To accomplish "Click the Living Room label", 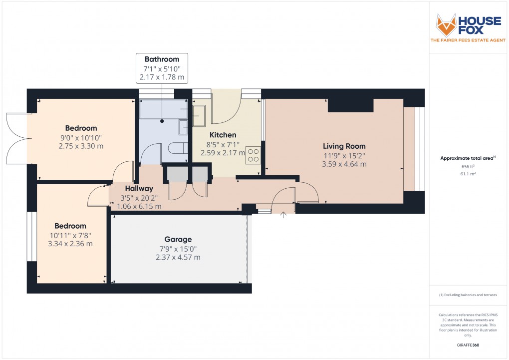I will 344,146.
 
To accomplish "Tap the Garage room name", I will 178,239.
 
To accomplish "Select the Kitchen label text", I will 223,135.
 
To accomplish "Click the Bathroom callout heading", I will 162,59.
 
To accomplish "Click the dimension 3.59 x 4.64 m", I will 344,164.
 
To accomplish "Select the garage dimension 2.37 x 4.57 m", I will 178,257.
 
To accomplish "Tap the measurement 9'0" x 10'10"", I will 81,137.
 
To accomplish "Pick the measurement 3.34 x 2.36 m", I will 70,244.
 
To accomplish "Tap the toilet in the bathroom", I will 178,149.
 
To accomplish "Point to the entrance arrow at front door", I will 284,215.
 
